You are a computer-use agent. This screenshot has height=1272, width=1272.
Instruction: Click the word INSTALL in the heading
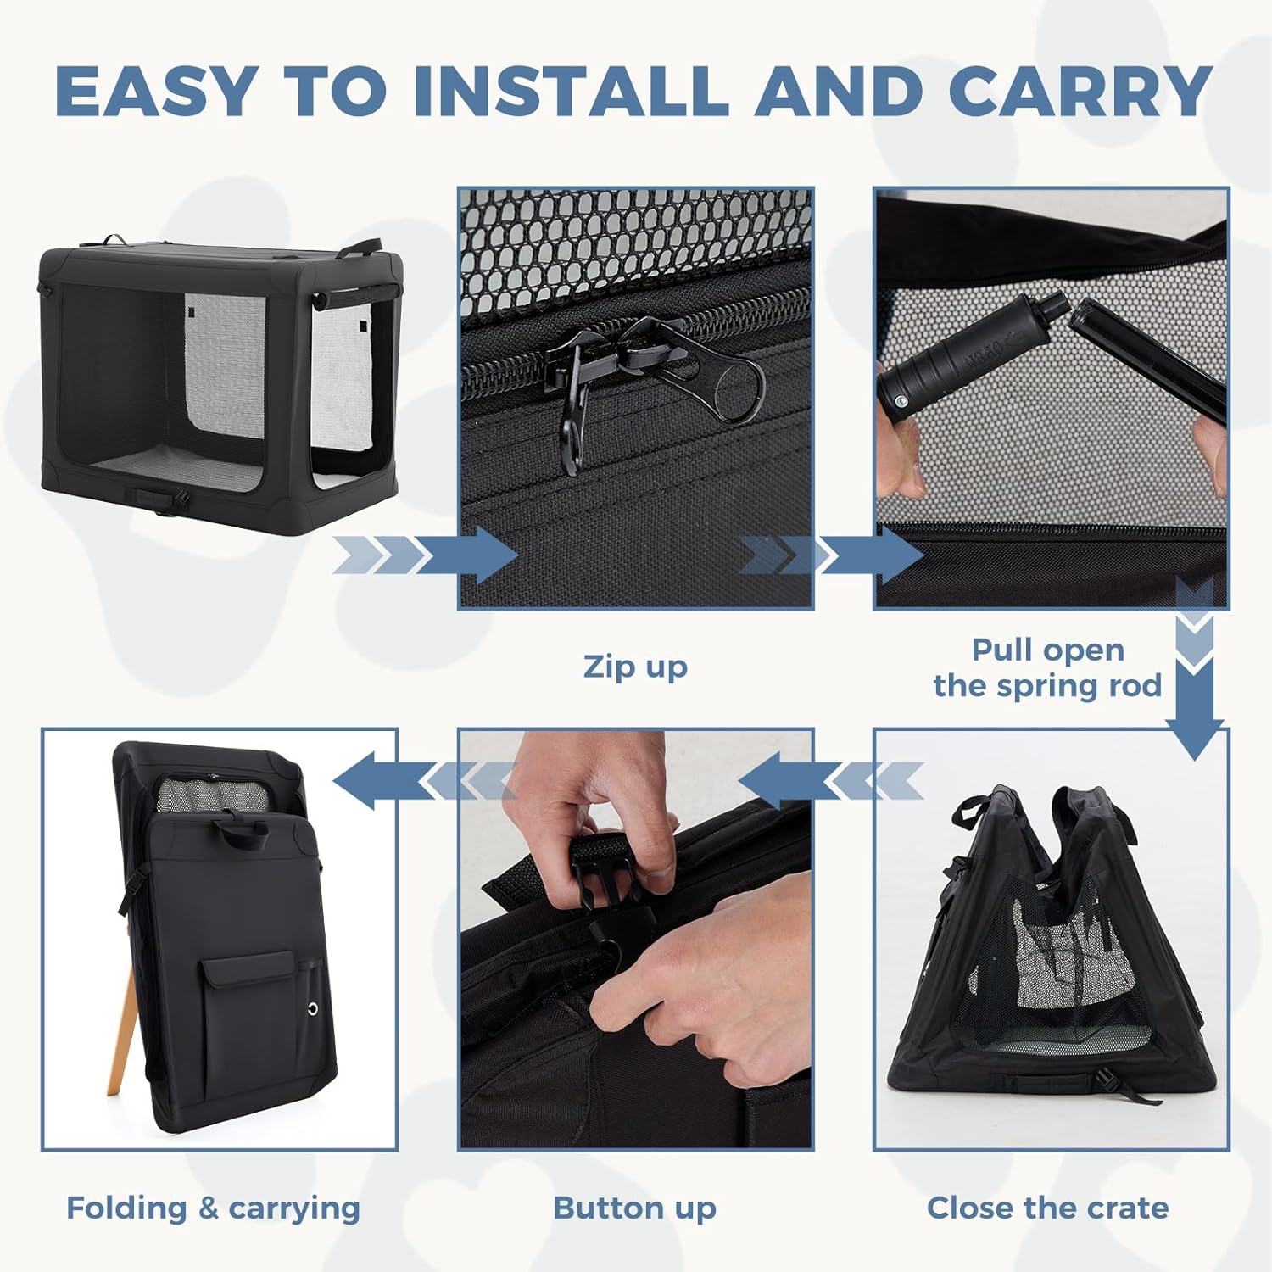[571, 91]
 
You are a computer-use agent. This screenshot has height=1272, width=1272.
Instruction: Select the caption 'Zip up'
[635, 667]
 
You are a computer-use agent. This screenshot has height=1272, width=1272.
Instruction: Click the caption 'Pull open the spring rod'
[1047, 667]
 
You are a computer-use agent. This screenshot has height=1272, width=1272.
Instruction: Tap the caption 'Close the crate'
[1047, 1208]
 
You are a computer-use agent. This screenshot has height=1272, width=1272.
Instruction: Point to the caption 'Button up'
[635, 1208]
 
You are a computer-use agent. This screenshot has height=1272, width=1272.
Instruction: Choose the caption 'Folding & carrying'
[213, 1208]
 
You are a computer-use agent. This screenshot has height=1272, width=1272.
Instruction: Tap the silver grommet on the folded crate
[314, 1009]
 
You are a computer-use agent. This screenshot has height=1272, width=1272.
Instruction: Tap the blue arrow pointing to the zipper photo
[425, 555]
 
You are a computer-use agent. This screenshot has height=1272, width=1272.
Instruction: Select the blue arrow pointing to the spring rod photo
[831, 555]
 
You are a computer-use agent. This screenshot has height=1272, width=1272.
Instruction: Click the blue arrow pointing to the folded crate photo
[424, 780]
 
